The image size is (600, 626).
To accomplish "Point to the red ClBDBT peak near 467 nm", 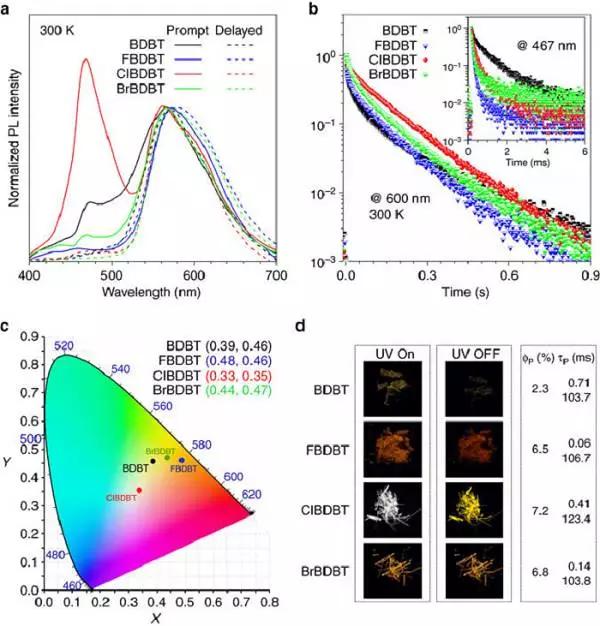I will [x=85, y=60].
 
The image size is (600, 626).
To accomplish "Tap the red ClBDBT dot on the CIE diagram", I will [x=139, y=490].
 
